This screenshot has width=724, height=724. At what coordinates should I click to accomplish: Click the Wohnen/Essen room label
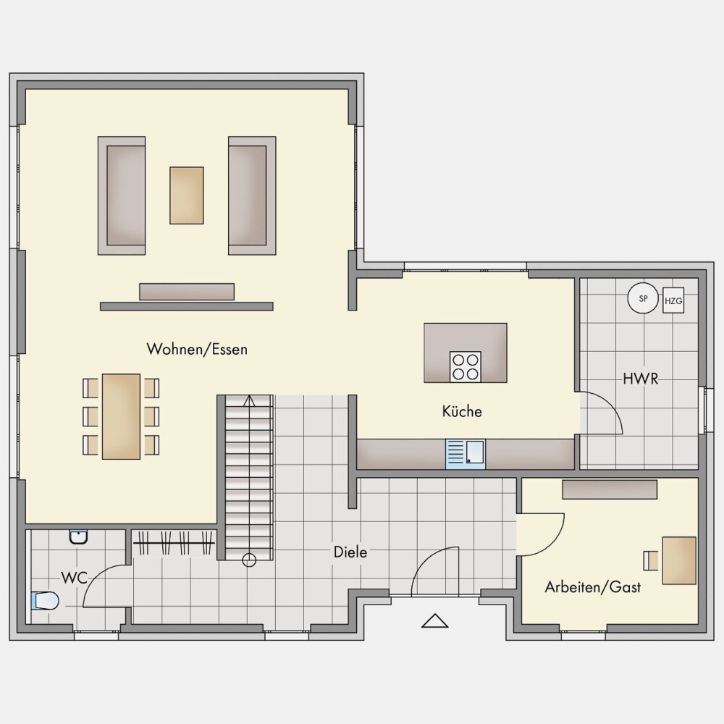pos(197,349)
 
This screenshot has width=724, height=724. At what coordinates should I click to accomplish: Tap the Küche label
pos(462,411)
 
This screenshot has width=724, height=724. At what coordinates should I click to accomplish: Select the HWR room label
pos(641,379)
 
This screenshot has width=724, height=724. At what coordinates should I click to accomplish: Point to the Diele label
pos(350,552)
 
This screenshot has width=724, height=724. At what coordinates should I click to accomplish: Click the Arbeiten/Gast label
pos(593,587)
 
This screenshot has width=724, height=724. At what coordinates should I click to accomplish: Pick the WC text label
pos(75,578)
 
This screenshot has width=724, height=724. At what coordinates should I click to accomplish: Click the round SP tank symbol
pos(643,298)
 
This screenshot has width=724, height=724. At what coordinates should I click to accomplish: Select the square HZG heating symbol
pos(673,300)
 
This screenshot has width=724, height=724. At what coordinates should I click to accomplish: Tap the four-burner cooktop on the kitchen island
pos(466,366)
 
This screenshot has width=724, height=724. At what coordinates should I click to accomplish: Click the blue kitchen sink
pos(466,455)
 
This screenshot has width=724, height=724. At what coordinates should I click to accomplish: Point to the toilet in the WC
pos(45,601)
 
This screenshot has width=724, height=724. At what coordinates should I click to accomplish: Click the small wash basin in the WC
pos(78,537)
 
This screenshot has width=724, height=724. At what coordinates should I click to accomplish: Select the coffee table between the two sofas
pos(187,195)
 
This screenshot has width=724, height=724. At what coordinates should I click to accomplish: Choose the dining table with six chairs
pos(121,416)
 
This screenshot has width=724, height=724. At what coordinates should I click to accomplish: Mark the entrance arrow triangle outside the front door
pos(435,620)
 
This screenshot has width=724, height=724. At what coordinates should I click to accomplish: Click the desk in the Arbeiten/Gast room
pos(679,560)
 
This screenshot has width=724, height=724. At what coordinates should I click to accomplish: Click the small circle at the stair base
pos(249,560)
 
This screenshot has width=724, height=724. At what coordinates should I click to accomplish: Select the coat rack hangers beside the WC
pos(174,542)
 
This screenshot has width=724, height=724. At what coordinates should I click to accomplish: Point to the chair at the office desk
pos(651,560)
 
